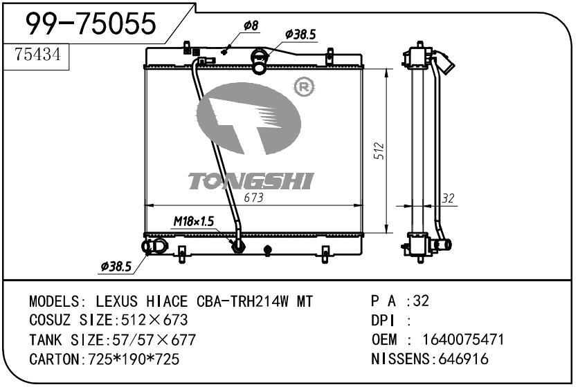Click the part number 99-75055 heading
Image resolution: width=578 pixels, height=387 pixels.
(x=91, y=23)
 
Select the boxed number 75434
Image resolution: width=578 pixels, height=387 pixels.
(x=37, y=55)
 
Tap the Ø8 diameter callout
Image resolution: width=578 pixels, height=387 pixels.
(x=251, y=26)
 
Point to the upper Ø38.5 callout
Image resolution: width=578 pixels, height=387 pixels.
(x=300, y=35)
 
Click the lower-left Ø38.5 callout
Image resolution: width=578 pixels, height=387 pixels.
(x=116, y=266)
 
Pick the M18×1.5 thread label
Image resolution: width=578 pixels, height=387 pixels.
(x=194, y=221)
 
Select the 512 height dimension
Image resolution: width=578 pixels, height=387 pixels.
(x=379, y=151)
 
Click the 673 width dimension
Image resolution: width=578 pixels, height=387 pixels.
(x=253, y=198)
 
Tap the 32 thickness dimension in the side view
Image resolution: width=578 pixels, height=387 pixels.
(x=447, y=198)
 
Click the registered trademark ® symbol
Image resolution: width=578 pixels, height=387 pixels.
(x=304, y=87)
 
